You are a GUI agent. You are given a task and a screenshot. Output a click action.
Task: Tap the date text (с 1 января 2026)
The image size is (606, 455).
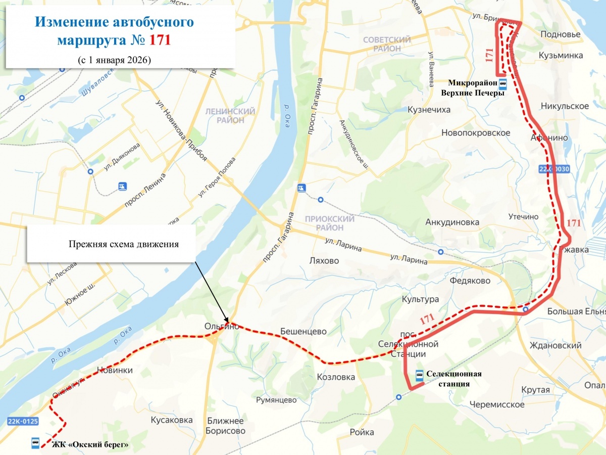pos(115,60)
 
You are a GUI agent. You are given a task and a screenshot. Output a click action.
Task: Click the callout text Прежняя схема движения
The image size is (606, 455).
pos(124,244)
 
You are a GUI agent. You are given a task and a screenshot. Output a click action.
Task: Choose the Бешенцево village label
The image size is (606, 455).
pos(304,332)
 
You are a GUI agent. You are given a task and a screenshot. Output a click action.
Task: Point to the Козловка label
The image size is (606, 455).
pos(336,377)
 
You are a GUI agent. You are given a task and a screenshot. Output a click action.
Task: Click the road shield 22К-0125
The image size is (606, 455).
pos(23,421)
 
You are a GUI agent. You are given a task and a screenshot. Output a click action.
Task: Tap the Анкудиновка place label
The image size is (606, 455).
pos(452,222)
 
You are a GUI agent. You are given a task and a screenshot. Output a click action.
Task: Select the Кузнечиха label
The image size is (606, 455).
pos(429,110)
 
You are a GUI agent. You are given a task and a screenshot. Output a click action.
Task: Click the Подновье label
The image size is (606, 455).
pos(560,34)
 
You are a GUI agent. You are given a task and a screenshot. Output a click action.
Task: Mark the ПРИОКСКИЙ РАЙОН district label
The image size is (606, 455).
pos(330,223)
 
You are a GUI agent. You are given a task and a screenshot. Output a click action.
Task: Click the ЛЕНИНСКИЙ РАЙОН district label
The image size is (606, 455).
pos(230,115)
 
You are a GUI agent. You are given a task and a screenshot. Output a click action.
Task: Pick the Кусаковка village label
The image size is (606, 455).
pos(172,420)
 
